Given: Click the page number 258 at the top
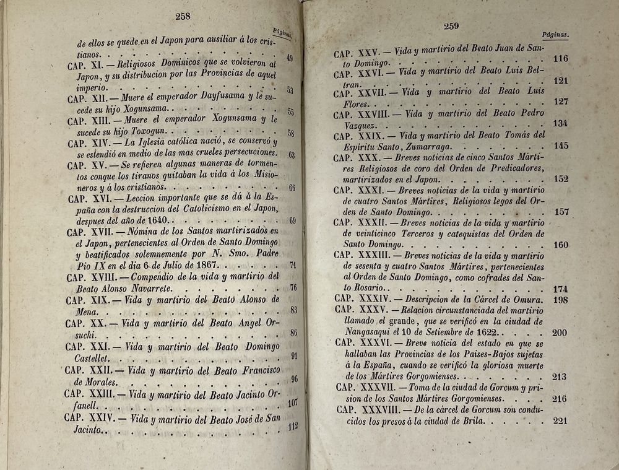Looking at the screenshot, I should pos(183,17).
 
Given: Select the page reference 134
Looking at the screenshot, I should pos(560,124).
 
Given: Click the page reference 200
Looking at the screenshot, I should pos(560,333).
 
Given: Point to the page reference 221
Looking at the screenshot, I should pos(560,421).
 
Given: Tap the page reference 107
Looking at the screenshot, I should pos(293,403).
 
